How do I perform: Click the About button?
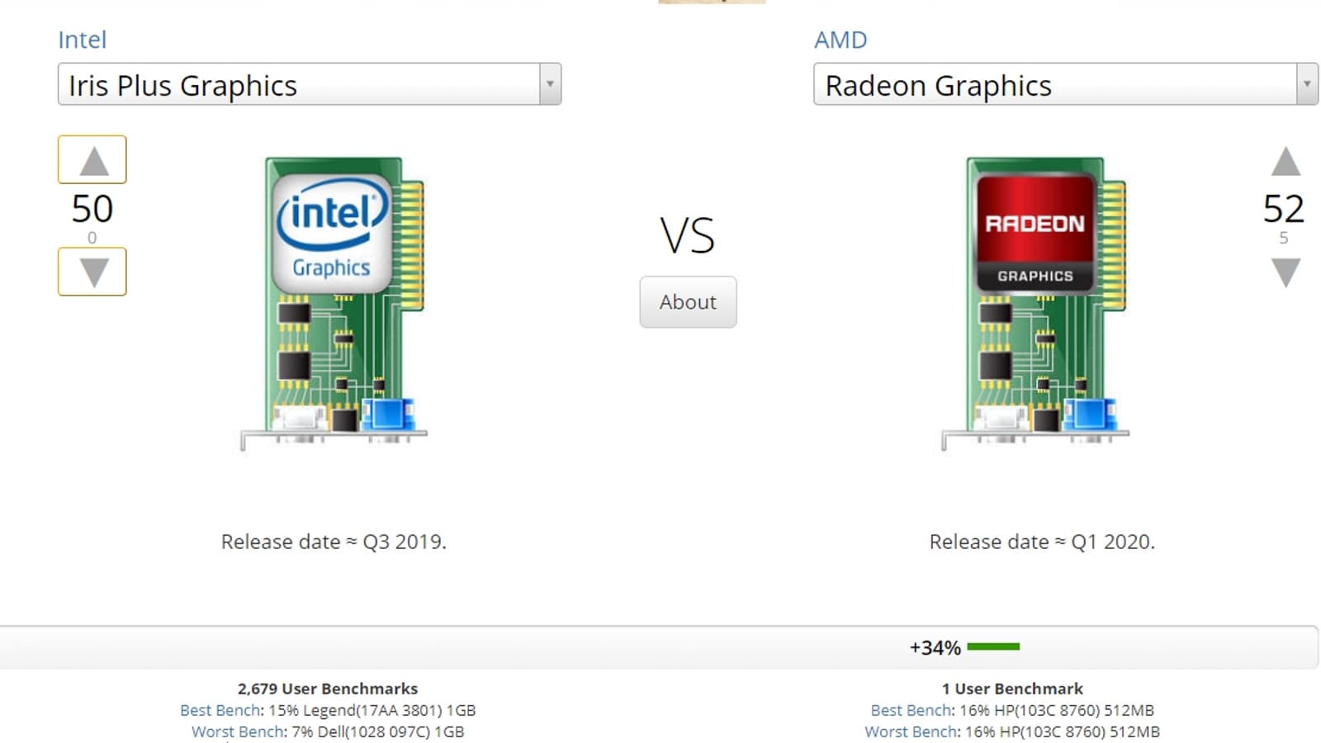pyautogui.click(x=688, y=302)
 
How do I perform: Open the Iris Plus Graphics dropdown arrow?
pyautogui.click(x=550, y=83)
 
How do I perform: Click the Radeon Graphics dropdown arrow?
pyautogui.click(x=1307, y=83)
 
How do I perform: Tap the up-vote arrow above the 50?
pyautogui.click(x=92, y=160)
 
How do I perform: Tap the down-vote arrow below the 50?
pyautogui.click(x=92, y=272)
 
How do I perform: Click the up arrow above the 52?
pyautogui.click(x=1285, y=162)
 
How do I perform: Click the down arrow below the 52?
pyautogui.click(x=1285, y=272)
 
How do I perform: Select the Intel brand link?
pyautogui.click(x=82, y=40)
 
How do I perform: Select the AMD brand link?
pyautogui.click(x=840, y=40)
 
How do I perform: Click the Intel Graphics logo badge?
pyautogui.click(x=333, y=233)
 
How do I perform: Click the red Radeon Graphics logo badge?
pyautogui.click(x=1035, y=233)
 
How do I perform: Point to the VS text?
pyautogui.click(x=687, y=235)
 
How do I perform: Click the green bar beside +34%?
pyautogui.click(x=994, y=647)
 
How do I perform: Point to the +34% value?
pyautogui.click(x=935, y=647)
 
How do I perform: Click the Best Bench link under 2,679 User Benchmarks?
pyautogui.click(x=220, y=710)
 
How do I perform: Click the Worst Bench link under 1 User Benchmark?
pyautogui.click(x=910, y=731)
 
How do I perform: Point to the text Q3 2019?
pyautogui.click(x=404, y=542)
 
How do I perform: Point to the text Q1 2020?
pyautogui.click(x=1112, y=542)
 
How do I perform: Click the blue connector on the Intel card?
pyautogui.click(x=387, y=414)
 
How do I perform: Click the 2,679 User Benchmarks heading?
pyautogui.click(x=327, y=689)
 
